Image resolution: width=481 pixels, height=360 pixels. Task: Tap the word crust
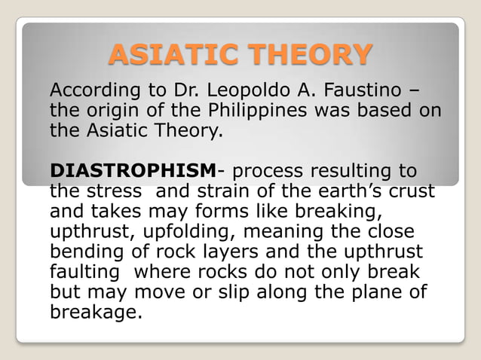click(x=412, y=191)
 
